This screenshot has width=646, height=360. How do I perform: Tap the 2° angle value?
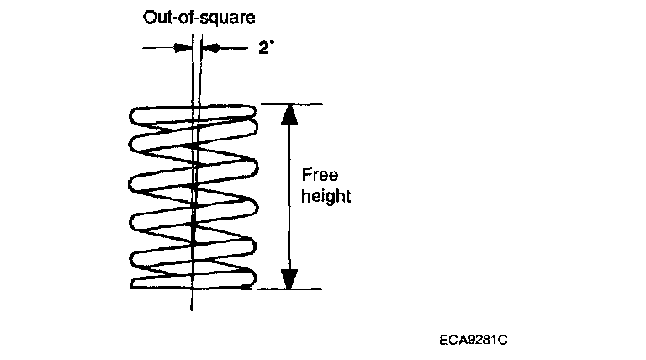[x=267, y=49]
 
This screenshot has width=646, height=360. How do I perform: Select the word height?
[x=326, y=197]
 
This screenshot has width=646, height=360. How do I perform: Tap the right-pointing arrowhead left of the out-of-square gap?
[x=180, y=49]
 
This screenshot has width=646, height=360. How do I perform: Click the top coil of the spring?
[x=192, y=114]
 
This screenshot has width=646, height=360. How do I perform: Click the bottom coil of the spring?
[x=192, y=278]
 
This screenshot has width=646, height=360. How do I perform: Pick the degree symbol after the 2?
[x=274, y=44]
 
